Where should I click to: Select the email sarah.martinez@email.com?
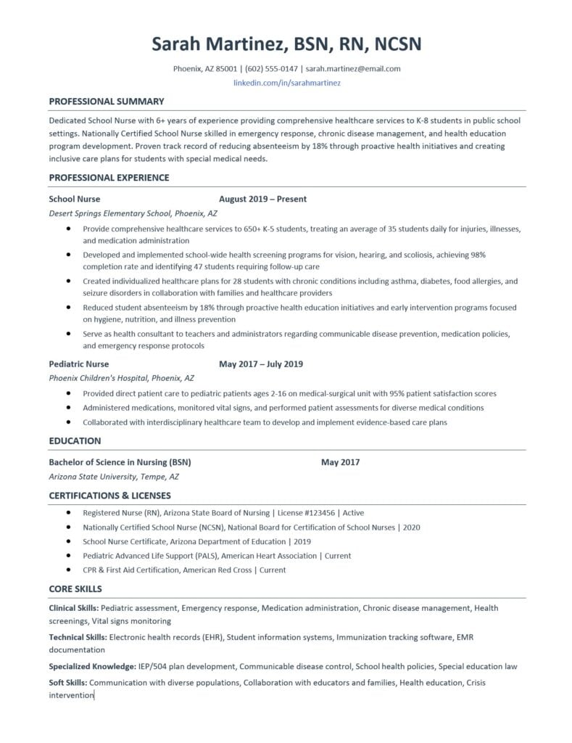(x=353, y=69)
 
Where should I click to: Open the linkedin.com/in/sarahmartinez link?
(x=286, y=83)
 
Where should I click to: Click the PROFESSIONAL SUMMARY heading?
(x=107, y=102)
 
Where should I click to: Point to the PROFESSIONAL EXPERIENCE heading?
(x=109, y=178)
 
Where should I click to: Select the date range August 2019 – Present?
(x=262, y=199)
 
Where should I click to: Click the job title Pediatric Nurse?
(x=79, y=364)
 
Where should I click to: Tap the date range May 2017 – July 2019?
(x=261, y=364)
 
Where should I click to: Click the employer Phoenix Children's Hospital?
(x=100, y=379)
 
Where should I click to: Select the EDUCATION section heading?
(x=75, y=441)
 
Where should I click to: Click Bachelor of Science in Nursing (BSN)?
(x=120, y=462)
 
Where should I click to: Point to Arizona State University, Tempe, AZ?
(x=114, y=477)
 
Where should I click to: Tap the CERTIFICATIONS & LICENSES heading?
(x=110, y=496)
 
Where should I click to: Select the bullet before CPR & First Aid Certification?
(x=67, y=570)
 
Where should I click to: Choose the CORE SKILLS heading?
(x=75, y=588)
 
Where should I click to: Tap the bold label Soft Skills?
(x=68, y=683)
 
